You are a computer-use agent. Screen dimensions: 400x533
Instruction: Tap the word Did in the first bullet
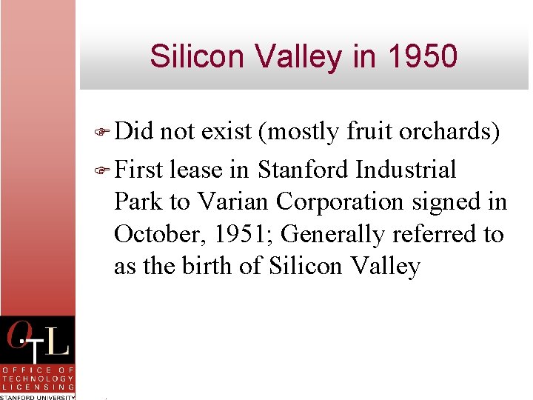click(x=133, y=131)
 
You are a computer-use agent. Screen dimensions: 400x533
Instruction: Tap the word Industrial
click(x=406, y=170)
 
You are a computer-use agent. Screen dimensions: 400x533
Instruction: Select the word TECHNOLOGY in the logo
click(x=38, y=378)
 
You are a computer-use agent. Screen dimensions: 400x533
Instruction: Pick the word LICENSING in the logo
click(x=38, y=387)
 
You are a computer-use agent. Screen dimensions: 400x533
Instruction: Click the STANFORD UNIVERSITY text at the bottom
click(x=38, y=396)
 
